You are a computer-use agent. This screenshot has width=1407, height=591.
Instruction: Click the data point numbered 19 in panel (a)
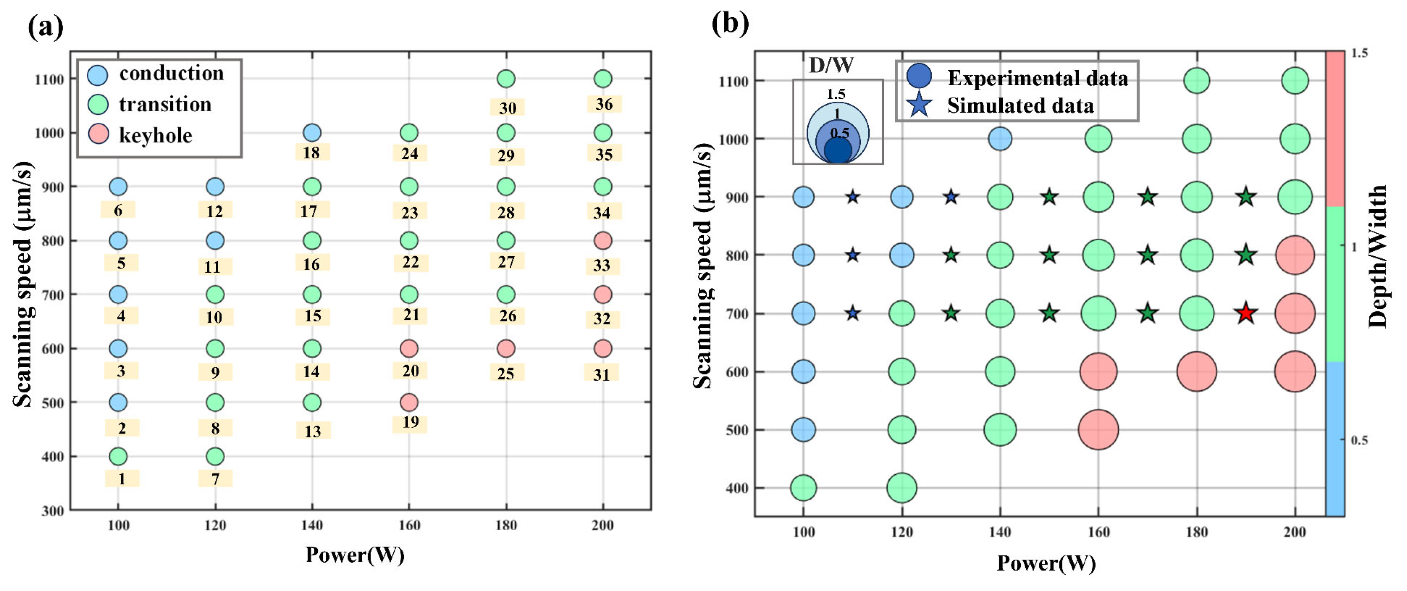click(409, 402)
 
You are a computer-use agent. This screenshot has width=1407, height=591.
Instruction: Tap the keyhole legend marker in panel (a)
click(98, 134)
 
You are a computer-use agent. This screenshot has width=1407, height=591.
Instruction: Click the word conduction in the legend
click(171, 73)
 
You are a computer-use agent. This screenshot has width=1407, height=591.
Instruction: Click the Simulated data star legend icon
click(920, 105)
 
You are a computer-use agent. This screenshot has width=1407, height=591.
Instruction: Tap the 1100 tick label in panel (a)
click(49, 79)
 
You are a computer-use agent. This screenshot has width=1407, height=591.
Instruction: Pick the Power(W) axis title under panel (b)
click(1046, 563)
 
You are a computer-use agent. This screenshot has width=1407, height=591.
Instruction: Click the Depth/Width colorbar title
click(1378, 257)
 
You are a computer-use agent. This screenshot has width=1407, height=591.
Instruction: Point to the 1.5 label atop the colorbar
click(1360, 54)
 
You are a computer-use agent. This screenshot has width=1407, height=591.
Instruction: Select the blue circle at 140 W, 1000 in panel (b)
click(1000, 139)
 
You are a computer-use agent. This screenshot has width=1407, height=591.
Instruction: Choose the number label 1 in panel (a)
click(122, 479)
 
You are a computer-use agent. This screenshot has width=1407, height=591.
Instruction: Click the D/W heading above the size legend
click(831, 65)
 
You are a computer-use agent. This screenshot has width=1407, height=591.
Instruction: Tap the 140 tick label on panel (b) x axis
click(1000, 532)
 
